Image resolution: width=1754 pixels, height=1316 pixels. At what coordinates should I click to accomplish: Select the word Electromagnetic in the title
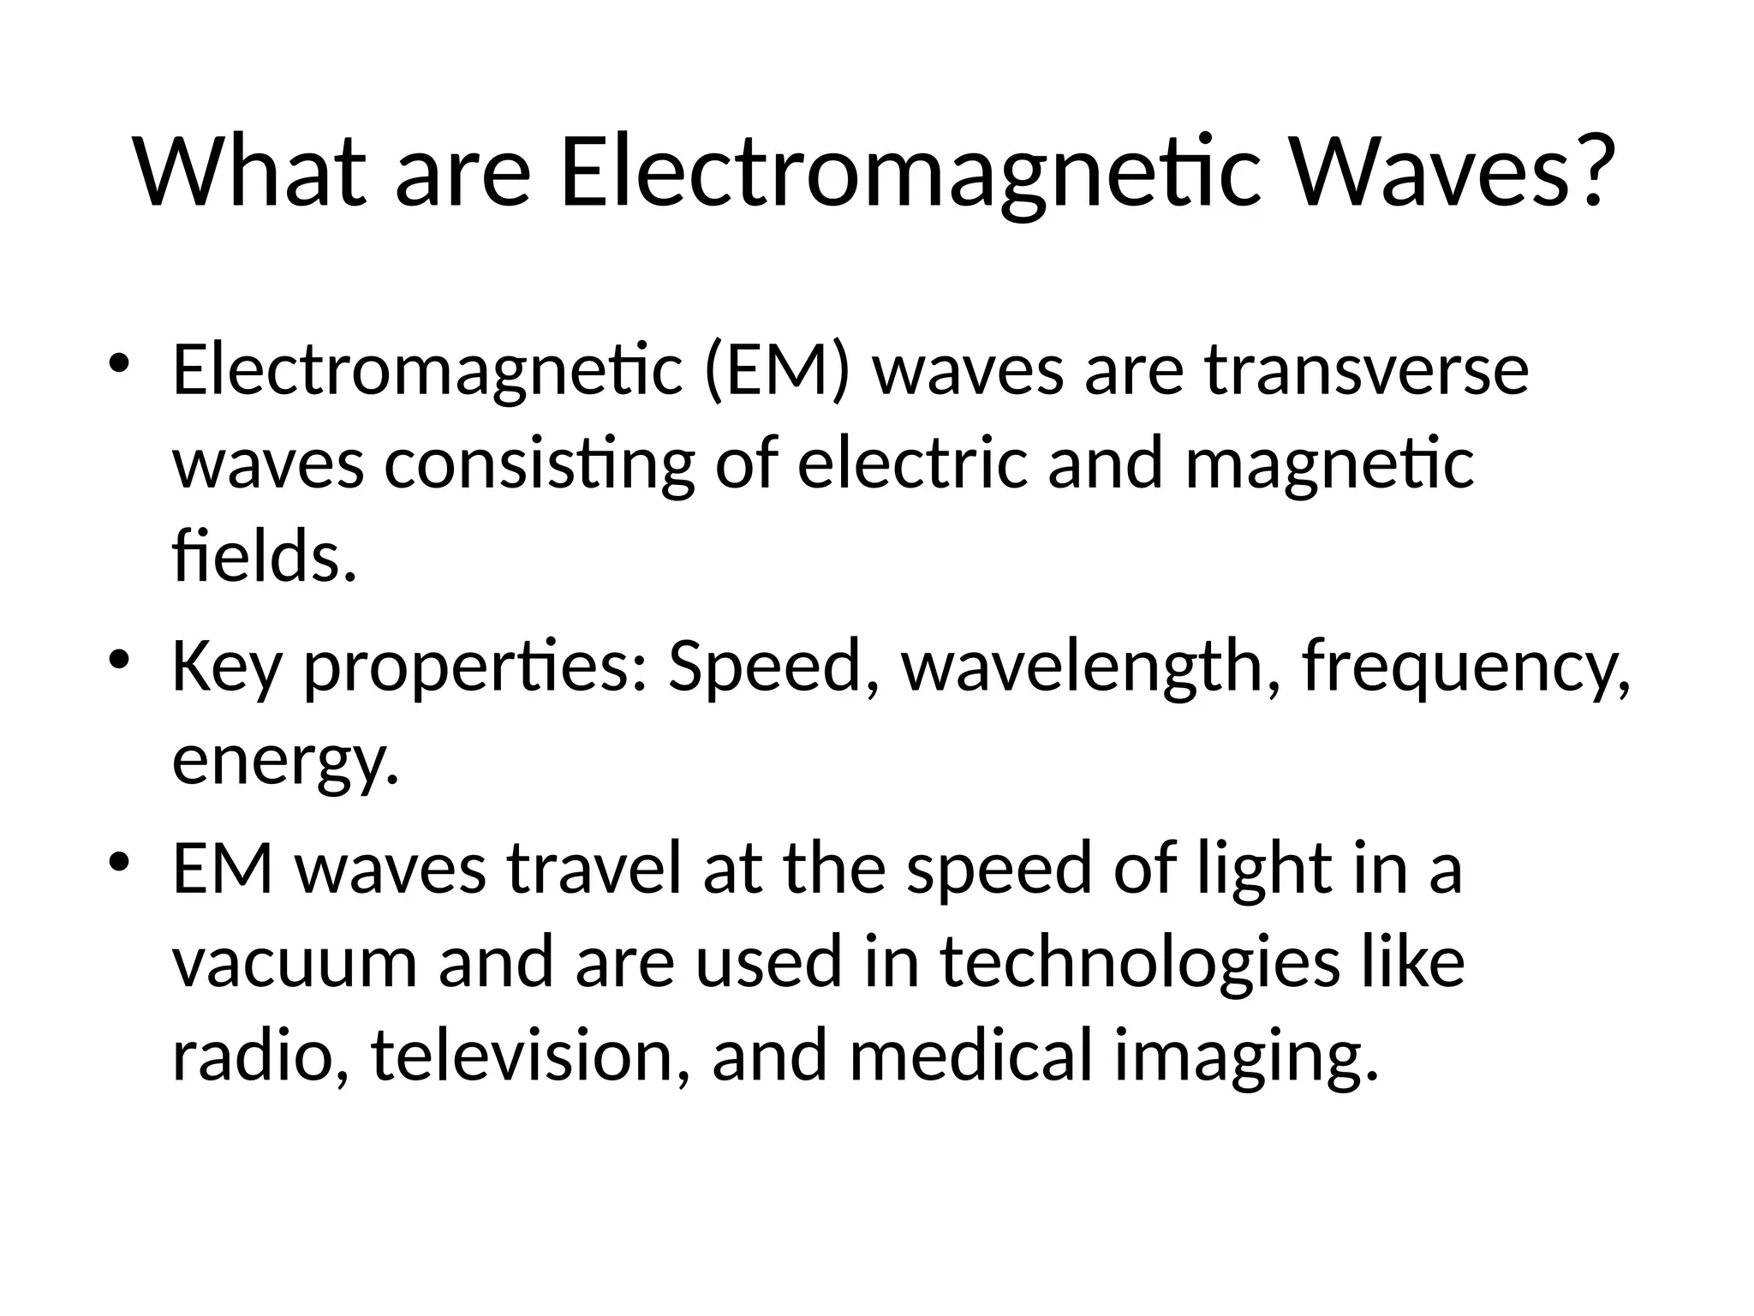tap(909, 173)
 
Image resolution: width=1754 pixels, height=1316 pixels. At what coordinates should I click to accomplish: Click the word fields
tap(263, 557)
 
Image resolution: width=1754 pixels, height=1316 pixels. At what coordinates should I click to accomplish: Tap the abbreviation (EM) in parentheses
tap(777, 372)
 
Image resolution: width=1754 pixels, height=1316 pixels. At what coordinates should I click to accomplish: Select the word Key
tap(226, 668)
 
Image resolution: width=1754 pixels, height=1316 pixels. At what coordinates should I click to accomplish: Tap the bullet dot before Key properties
tap(120, 661)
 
